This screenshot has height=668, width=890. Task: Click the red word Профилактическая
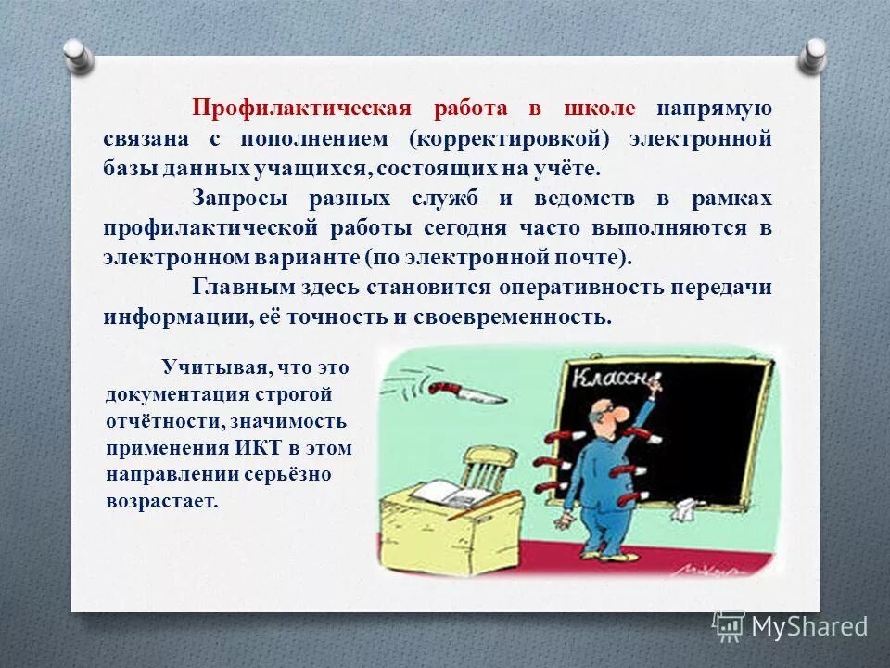click(300, 109)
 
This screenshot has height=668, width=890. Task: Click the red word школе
click(599, 109)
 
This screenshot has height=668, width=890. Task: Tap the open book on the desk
click(446, 492)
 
